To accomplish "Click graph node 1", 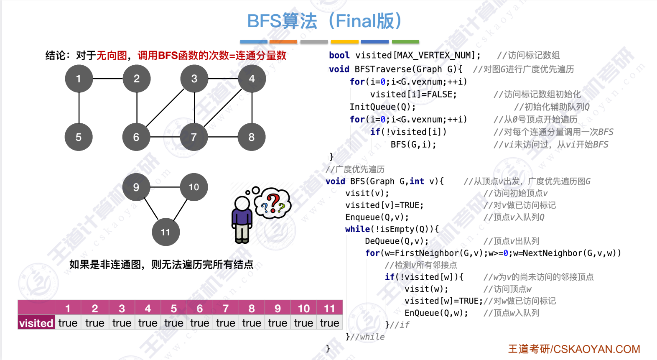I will coord(79,79).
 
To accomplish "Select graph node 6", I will coord(136,137).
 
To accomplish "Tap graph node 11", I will coord(166,232).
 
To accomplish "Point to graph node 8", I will coord(252,137).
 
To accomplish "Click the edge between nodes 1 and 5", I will coord(79,108).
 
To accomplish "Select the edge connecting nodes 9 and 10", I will coord(165,187).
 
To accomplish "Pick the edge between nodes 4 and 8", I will coord(252,108).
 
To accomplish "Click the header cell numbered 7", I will coord(226,309).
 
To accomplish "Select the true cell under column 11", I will coord(329,323).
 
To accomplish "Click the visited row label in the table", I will coord(36,323).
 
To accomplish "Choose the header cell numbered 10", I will coord(303,309).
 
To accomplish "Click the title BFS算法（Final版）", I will coord(324,21).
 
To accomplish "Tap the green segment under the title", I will coord(405,42).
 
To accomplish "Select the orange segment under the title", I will coord(283,42).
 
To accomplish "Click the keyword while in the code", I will coord(357,229).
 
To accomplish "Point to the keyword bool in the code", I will coord(339,55).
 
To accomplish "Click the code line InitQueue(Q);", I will coord(382,107).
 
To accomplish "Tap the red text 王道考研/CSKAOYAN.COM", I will coord(574,349).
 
